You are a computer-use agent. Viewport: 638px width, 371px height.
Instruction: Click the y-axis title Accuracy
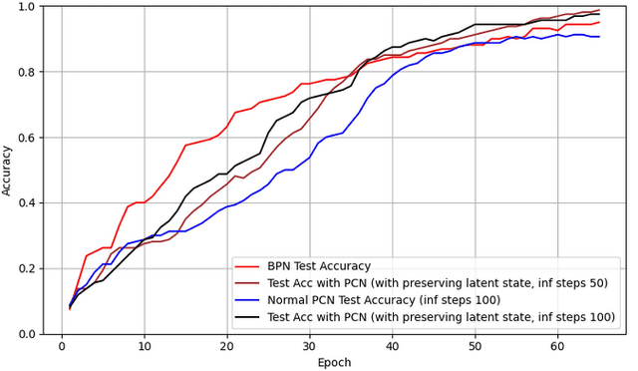(8, 170)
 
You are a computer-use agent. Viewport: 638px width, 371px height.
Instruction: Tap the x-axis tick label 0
(62, 346)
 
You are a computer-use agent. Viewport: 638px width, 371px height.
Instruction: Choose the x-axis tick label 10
(145, 346)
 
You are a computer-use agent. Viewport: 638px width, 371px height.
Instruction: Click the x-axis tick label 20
(227, 346)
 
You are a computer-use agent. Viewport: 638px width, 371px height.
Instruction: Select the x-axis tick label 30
(310, 346)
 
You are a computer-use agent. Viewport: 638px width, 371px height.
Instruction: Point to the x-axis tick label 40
(392, 346)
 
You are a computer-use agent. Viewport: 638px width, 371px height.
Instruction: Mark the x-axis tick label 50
(475, 346)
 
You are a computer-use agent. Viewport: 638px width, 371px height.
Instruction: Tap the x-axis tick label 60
(557, 346)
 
